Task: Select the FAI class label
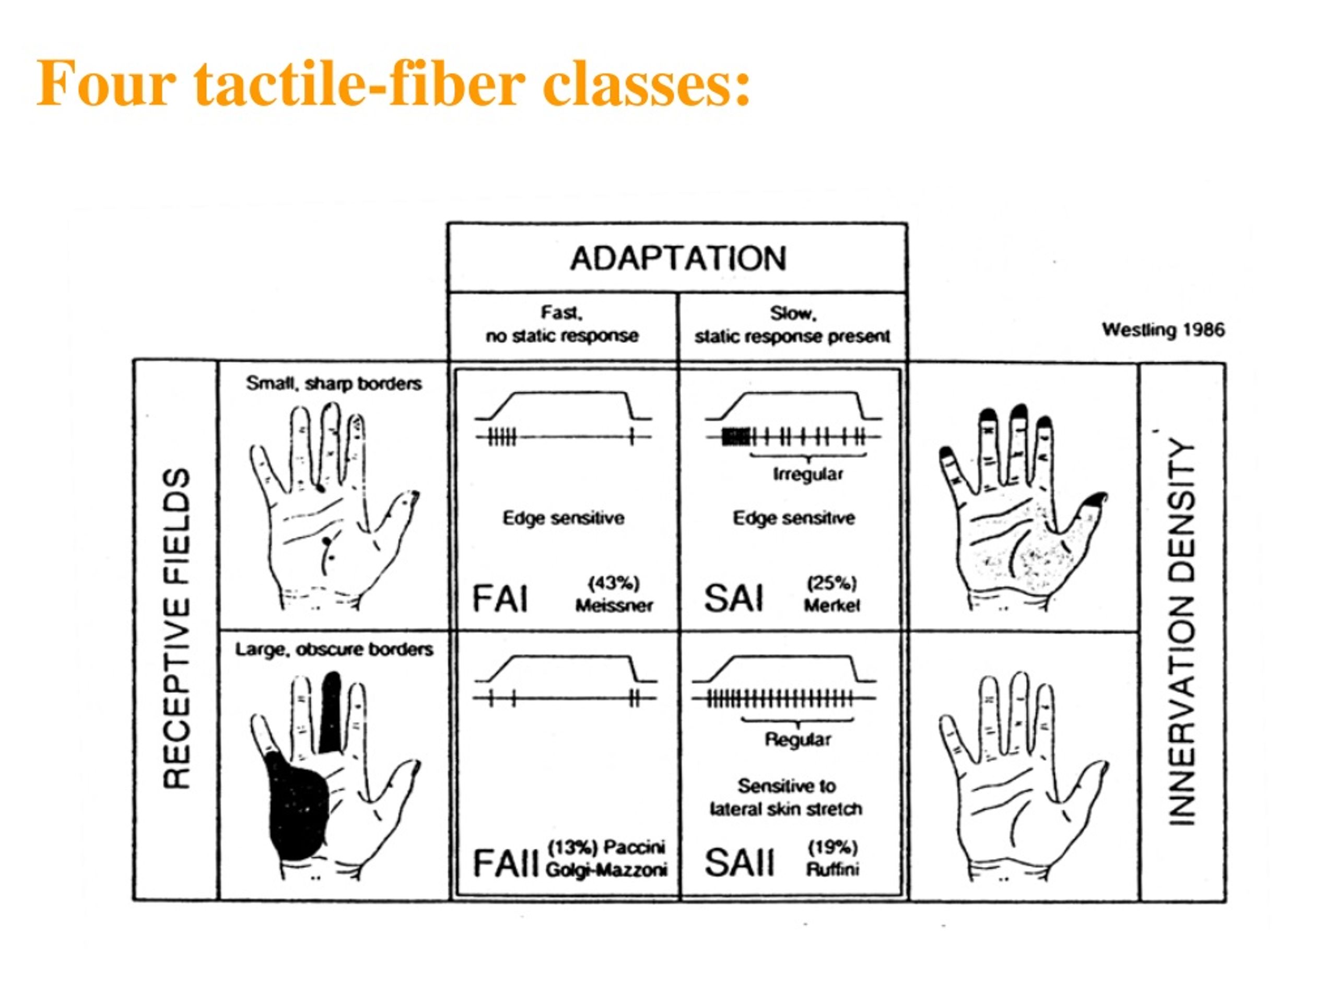pos(500,600)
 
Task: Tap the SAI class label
pos(733,599)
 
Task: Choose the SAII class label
pos(738,863)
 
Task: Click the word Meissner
pos(614,606)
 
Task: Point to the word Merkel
pos(831,606)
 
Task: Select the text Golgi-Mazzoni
pos(606,871)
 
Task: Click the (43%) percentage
pos(614,584)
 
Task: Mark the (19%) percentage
pos(833,848)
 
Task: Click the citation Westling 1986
pos(1163,330)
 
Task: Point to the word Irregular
pos(807,474)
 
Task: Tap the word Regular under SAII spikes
pos(798,739)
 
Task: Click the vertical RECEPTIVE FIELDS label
pos(177,629)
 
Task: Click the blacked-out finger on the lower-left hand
pos(330,714)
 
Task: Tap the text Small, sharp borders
pos(334,384)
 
